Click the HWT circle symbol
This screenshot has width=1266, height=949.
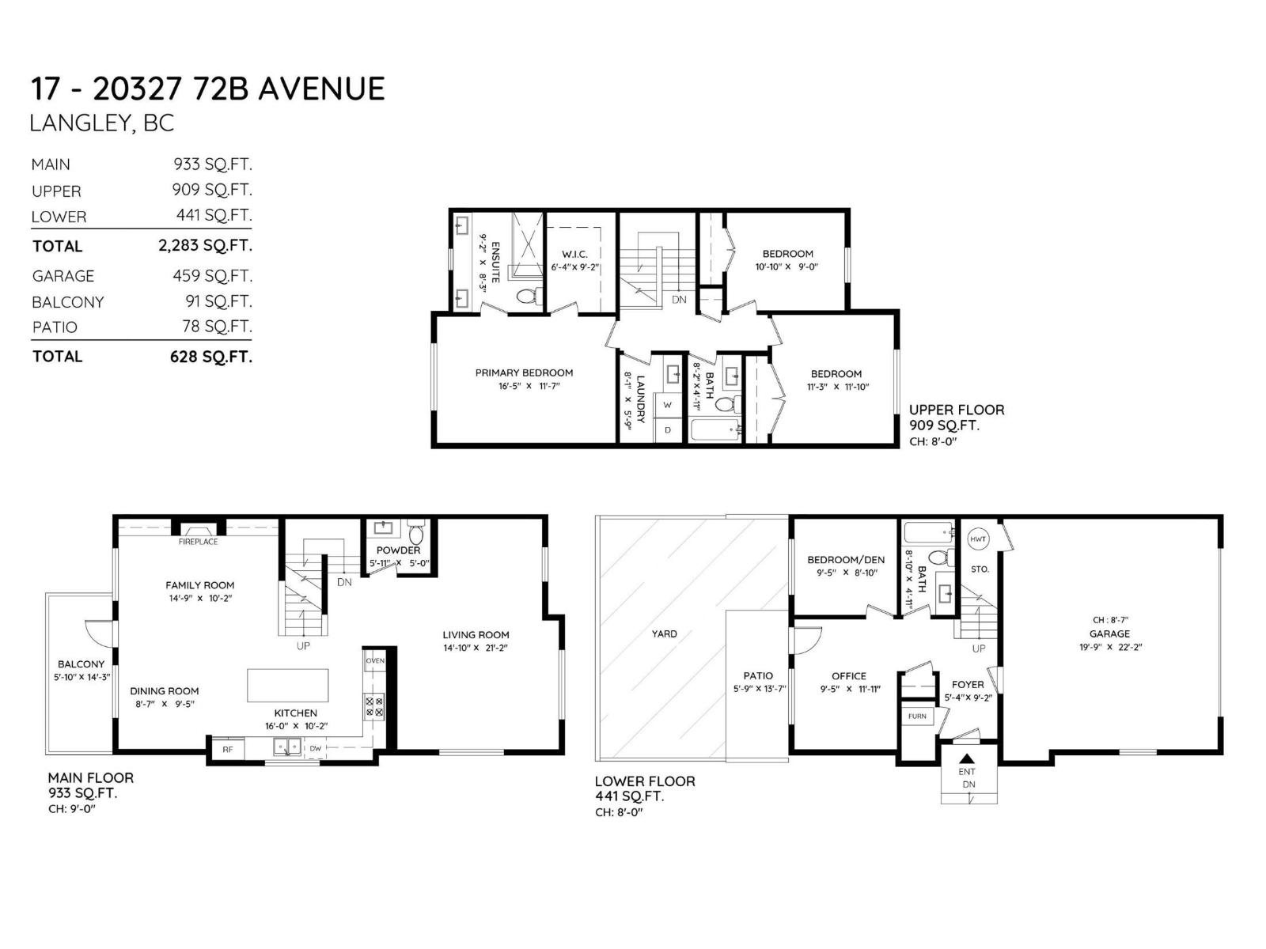click(x=979, y=539)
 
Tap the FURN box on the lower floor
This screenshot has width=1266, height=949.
click(x=917, y=716)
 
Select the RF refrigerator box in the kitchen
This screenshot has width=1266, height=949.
click(x=227, y=749)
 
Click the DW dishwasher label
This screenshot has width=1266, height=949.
click(x=315, y=748)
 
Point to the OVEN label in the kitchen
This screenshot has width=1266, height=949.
click(x=374, y=660)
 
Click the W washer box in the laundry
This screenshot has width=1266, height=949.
click(x=668, y=405)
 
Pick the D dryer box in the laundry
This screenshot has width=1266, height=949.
click(x=668, y=430)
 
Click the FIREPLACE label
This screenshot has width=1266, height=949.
click(x=198, y=542)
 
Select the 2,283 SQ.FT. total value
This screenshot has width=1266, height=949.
click(x=205, y=246)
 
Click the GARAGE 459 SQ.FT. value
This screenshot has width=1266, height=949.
click(x=212, y=276)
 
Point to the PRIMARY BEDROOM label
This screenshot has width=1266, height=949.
click(x=524, y=372)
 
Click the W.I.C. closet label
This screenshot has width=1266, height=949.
click(x=574, y=254)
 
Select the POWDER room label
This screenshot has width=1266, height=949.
click(x=398, y=550)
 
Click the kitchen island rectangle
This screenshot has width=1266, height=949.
click(x=288, y=685)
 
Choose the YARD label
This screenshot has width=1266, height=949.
click(x=665, y=633)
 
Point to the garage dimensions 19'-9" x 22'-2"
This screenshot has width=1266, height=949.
click(x=1109, y=647)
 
